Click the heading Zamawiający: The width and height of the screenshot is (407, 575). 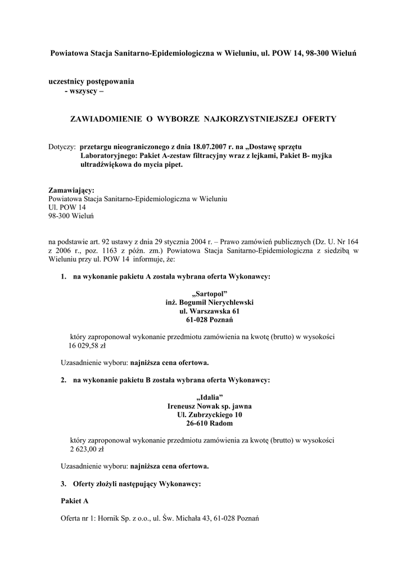(72, 190)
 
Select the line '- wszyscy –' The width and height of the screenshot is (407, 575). (84, 92)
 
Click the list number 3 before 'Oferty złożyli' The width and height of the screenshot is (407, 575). (63, 483)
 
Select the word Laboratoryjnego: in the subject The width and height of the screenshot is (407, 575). (110, 156)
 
